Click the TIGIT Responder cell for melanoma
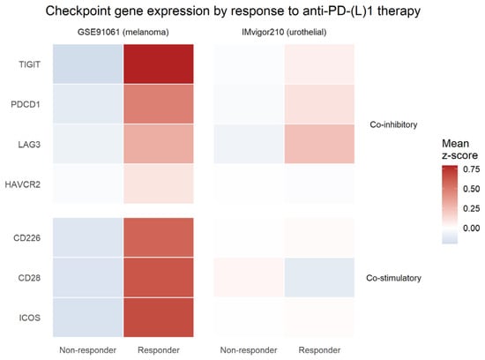coord(159,64)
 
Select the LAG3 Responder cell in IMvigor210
coord(319,144)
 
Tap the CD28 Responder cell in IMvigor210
coord(319,277)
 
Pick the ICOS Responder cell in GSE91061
coord(159,318)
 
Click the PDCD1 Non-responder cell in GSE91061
coord(88,104)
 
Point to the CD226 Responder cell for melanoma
coord(159,237)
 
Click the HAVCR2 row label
coord(23,184)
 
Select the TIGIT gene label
coord(29,64)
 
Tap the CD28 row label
coord(29,278)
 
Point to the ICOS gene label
coord(30,318)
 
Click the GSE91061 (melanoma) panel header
coord(123,32)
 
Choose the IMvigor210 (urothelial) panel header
coord(284,32)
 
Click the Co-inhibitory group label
coord(393,124)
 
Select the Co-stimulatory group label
coord(393,278)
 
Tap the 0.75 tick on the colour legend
coord(472,169)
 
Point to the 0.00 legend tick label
coord(472,229)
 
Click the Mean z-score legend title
coord(459,149)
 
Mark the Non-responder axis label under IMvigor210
coord(249,350)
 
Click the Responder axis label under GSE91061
coord(159,350)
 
